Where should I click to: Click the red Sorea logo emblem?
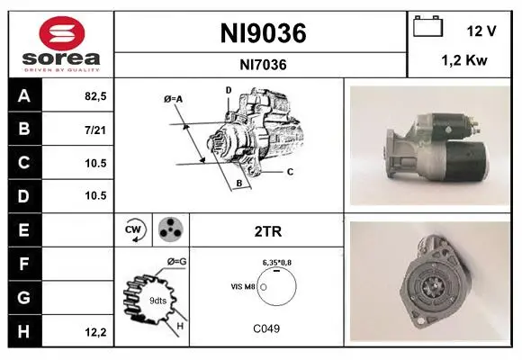click(x=62, y=33)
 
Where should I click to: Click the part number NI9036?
click(x=263, y=33)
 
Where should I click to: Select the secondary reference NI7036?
click(x=263, y=65)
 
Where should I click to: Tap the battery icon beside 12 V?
click(x=428, y=26)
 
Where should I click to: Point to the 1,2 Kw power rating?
click(x=464, y=60)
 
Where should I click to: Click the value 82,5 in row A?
click(x=95, y=96)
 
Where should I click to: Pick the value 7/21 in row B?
click(x=95, y=130)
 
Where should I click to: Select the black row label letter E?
click(x=23, y=229)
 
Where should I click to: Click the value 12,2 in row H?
click(x=95, y=332)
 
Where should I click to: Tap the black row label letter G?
click(x=23, y=297)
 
